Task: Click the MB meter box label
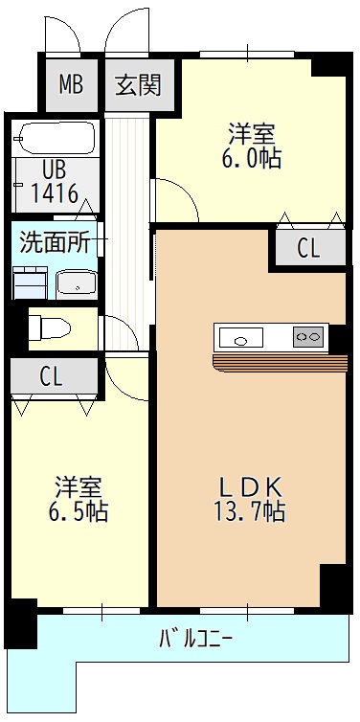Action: pos(71,84)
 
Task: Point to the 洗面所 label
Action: pos(55,241)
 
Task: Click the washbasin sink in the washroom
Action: pos(77,282)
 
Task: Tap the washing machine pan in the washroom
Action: pos(31,282)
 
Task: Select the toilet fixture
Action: pos(50,328)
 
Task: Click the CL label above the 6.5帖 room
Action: pos(52,376)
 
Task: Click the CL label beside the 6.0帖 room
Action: pos(308,249)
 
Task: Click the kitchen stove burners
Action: pos(307,338)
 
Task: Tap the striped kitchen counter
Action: pos(279,361)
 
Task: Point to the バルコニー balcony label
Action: pos(195,637)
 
